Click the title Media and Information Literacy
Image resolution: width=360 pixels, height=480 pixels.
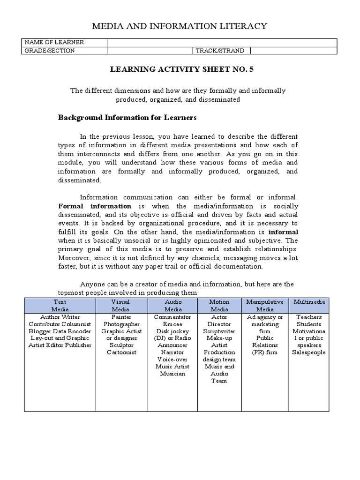pos(180,26)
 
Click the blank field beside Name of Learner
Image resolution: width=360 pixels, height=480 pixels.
pos(222,43)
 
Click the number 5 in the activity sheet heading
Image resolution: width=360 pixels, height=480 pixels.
pos(251,69)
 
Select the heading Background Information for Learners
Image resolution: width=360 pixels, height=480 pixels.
pos(127,117)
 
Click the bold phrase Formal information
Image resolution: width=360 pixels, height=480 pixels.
pos(95,206)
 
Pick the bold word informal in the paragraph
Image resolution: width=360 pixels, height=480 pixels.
pos(283,232)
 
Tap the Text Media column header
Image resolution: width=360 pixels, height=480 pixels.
pos(60,306)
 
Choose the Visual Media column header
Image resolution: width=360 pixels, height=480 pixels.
pos(120,306)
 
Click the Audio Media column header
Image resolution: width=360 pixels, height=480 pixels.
pos(173,306)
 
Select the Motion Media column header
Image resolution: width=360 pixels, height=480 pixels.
pos(219,306)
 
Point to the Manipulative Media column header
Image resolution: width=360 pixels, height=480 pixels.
pos(265,306)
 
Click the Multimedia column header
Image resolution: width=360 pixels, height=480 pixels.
pos(309,302)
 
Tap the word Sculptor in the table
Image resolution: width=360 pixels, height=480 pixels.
pos(121,345)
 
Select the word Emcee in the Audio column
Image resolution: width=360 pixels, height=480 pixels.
pos(172,324)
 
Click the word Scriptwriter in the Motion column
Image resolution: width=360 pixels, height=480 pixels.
pos(219,331)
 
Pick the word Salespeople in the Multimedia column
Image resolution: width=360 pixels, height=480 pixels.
pos(309,352)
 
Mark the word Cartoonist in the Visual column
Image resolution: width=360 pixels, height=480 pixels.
pos(121,352)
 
